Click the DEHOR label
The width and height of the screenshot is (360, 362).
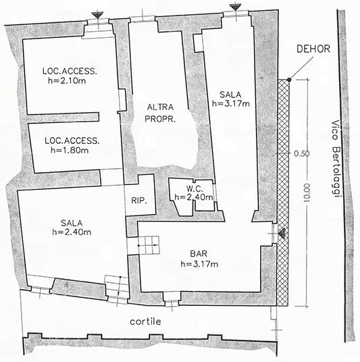tap(313, 49)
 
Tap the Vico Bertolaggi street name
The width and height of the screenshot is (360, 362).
tap(336, 159)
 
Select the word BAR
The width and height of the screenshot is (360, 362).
tap(199, 254)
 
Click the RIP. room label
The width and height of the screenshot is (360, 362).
tap(139, 201)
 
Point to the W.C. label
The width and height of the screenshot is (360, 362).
tap(195, 189)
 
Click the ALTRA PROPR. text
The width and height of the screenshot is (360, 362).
tap(160, 113)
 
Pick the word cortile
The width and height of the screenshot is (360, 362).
tap(145, 321)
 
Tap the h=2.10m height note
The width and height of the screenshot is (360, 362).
tap(67, 81)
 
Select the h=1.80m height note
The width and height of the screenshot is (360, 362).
tap(70, 151)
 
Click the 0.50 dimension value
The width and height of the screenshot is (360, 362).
tap(302, 153)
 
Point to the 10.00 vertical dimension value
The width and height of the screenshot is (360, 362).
tap(307, 193)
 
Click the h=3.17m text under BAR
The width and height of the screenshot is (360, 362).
tap(199, 264)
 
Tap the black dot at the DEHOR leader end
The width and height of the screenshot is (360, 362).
tap(289, 80)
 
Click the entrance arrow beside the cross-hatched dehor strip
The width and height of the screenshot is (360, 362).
tap(282, 234)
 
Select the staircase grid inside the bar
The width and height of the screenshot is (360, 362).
tap(149, 245)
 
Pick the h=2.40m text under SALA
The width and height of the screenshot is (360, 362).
tap(72, 232)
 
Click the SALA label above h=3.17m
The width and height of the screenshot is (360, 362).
tap(230, 95)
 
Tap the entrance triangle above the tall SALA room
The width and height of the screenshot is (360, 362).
tap(236, 7)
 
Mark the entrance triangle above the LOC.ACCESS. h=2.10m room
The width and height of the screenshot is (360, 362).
tap(98, 16)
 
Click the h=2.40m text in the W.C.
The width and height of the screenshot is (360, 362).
tap(194, 197)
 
